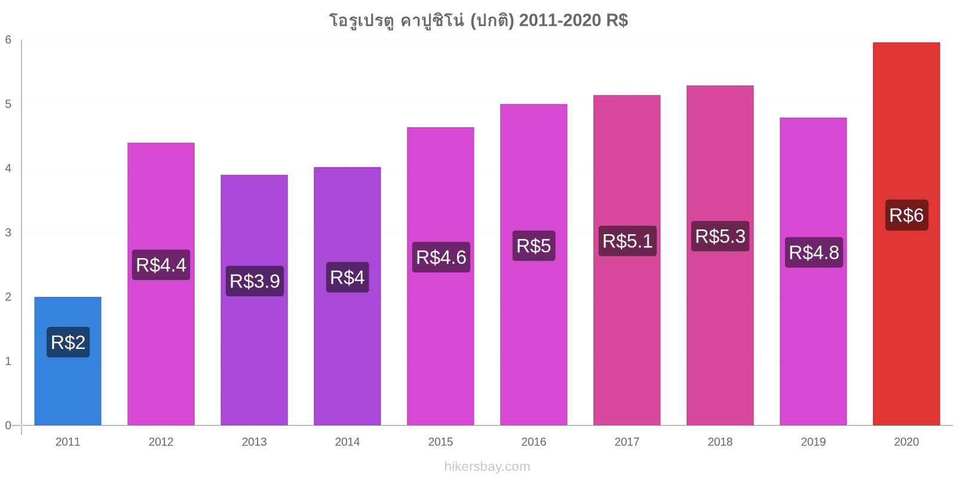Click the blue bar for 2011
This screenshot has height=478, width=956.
tap(68, 361)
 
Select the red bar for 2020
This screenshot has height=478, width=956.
tap(906, 234)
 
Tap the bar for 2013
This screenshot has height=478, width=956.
tap(255, 300)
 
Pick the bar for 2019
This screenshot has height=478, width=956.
tap(813, 271)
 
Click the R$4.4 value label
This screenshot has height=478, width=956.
tap(161, 265)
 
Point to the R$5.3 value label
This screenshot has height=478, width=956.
tap(721, 236)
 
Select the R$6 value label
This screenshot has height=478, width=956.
tap(906, 215)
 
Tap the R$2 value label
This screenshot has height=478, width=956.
tap(68, 342)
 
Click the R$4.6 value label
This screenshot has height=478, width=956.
tap(441, 258)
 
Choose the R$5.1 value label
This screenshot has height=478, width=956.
tap(627, 241)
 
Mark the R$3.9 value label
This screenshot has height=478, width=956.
tap(255, 281)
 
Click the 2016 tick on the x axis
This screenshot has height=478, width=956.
tap(534, 442)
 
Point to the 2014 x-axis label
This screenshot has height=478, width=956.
tap(347, 442)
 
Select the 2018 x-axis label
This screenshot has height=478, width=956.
tap(720, 442)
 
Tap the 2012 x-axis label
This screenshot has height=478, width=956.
tap(161, 442)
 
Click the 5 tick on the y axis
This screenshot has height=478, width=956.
tap(8, 104)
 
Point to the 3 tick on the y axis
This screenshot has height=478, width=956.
tap(8, 232)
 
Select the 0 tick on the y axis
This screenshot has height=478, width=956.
tap(8, 425)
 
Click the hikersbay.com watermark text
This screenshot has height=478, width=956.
tap(487, 467)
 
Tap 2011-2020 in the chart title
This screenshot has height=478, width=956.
tap(560, 20)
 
